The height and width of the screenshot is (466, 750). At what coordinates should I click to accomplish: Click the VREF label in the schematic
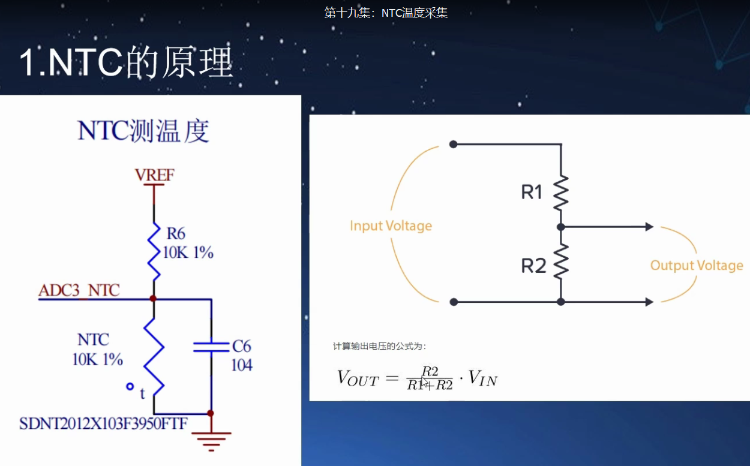pos(155,175)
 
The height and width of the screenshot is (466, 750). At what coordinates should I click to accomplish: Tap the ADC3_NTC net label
pos(79,291)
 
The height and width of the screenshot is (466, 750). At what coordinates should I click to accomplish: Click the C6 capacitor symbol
pos(211,346)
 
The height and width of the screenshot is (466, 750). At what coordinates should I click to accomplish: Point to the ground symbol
pos(211,440)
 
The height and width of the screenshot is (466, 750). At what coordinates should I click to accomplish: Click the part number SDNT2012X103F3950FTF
pos(103,424)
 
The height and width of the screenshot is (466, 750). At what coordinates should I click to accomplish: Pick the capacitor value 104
pos(242,365)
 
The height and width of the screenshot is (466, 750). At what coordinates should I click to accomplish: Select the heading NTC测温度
pos(143,131)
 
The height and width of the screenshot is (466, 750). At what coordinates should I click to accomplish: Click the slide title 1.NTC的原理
pos(126,62)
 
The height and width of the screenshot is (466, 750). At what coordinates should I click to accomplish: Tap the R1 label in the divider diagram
pos(532,193)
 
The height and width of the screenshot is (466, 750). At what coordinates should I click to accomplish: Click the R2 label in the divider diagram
pos(533,266)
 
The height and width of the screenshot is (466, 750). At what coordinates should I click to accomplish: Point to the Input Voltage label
pos(391,226)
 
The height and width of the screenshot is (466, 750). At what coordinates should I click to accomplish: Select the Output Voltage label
pos(697,266)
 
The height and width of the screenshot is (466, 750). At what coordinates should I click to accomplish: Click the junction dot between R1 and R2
pos(561,227)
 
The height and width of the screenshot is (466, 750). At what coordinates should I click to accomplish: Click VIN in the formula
pos(482,378)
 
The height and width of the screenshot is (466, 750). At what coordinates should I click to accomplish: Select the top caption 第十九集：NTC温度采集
pos(386,13)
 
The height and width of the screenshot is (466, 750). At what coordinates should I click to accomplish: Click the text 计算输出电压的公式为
pos(380,346)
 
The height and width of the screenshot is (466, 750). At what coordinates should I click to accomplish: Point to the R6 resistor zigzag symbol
pos(154,252)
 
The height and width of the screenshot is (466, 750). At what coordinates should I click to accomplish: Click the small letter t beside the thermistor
pos(142,394)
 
